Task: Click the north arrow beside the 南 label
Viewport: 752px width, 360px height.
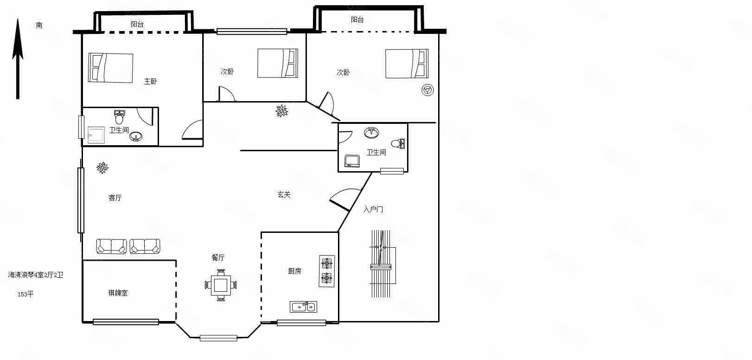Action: pos(18,59)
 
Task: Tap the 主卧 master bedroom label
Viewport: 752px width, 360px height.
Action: pos(150,81)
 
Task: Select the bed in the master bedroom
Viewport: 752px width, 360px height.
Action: pos(110,68)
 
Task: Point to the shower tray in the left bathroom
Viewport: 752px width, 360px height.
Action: pos(96,135)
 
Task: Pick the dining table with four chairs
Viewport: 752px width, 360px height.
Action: pos(221,285)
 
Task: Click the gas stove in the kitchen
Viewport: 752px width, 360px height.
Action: pos(327,271)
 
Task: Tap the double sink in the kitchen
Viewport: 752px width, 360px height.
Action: pos(304,307)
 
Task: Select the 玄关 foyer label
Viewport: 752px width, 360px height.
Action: pos(284,194)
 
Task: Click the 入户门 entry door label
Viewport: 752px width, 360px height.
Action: pos(373,210)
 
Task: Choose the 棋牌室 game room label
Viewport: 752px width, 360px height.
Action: pos(118,293)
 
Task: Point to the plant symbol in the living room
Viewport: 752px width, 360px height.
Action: pos(102,167)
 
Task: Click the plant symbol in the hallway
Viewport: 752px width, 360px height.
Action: pos(282,111)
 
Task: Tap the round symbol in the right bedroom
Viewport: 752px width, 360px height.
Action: pos(428,90)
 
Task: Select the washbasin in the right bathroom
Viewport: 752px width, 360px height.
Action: pos(372,132)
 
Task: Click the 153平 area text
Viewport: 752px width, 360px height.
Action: pos(25,294)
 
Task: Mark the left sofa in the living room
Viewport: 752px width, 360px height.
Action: pos(111,246)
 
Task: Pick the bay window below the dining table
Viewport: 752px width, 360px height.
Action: pos(218,338)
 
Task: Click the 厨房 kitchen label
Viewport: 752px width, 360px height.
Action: pos(295,271)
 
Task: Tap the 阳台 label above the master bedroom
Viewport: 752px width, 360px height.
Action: pos(137,24)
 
